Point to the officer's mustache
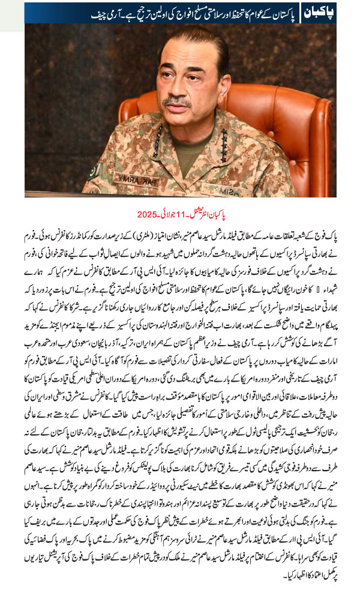coord(178,100)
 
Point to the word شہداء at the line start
coord(326,276)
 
